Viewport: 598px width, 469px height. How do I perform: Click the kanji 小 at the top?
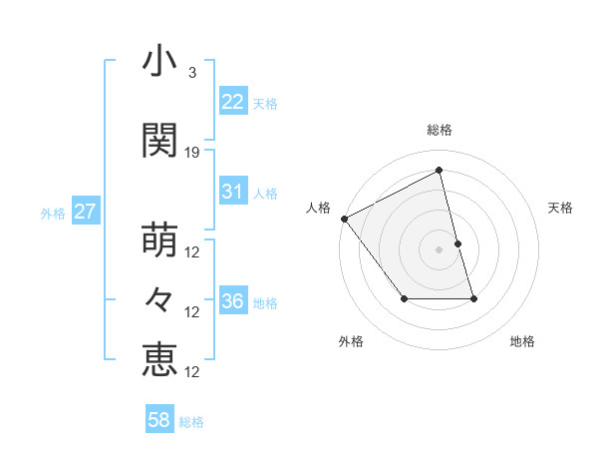pos(159,62)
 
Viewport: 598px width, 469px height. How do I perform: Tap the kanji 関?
pos(159,141)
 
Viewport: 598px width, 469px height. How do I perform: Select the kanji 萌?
pos(159,240)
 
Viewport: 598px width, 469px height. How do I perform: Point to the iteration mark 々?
pos(159,299)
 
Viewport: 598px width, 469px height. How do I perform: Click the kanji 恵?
pos(159,359)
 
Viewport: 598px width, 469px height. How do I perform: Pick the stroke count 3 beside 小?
pos(191,73)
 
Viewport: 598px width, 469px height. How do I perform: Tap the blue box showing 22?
pos(233,101)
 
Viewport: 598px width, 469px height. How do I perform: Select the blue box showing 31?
pos(233,192)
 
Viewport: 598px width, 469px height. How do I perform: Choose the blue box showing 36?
pos(233,301)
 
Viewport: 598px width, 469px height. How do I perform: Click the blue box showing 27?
pos(86,212)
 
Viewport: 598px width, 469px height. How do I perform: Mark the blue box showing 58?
pos(159,420)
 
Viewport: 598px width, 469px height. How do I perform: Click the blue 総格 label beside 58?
pos(191,422)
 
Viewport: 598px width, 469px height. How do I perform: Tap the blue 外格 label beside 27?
pos(53,213)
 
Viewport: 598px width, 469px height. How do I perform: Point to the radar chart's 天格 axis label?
pos(561,208)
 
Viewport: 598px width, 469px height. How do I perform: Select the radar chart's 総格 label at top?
pos(440,130)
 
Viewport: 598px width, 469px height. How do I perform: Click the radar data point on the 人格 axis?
pos(344,219)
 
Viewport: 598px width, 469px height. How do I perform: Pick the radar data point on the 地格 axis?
pos(473,298)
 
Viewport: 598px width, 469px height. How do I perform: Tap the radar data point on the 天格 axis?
pos(457,243)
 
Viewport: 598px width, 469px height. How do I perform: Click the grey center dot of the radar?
pos(440,249)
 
